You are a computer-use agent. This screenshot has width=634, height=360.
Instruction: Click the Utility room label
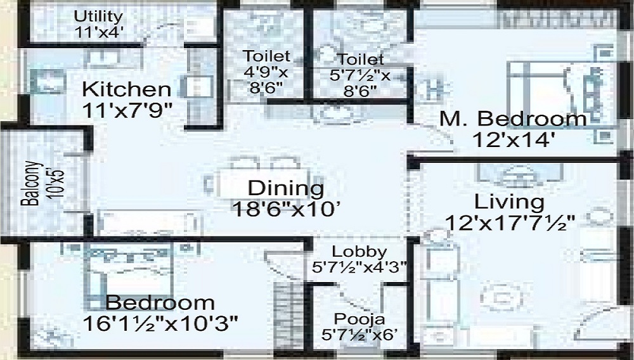pyautogui.click(x=98, y=16)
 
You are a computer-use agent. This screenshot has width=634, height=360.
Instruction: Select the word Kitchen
pyautogui.click(x=127, y=89)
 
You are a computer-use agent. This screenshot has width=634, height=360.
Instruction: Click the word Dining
pyautogui.click(x=285, y=188)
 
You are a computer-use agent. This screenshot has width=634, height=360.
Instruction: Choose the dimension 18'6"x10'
pyautogui.click(x=285, y=209)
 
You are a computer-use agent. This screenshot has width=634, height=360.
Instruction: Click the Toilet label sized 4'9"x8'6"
pyautogui.click(x=266, y=56)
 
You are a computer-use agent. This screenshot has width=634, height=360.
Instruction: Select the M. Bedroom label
pyautogui.click(x=514, y=119)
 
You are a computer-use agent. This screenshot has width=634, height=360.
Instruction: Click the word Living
pyautogui.click(x=509, y=202)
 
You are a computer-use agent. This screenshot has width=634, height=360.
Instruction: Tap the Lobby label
pyautogui.click(x=359, y=252)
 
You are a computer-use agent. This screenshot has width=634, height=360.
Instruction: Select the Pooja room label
pyautogui.click(x=359, y=319)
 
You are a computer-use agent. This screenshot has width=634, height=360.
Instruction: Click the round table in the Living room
pyautogui.click(x=501, y=296)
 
